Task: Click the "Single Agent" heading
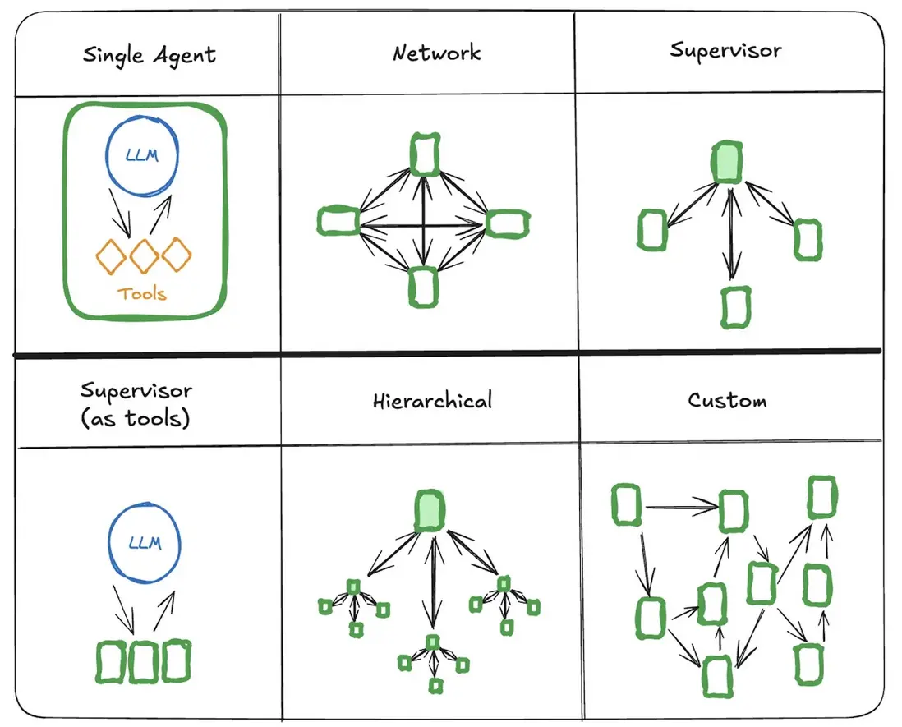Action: (150, 56)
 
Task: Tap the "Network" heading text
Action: (436, 54)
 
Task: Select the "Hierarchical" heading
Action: (432, 401)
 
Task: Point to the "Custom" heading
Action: (727, 401)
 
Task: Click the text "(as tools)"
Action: (136, 418)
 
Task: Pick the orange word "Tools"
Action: (143, 293)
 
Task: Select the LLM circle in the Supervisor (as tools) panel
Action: (145, 543)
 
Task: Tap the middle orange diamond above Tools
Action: (144, 255)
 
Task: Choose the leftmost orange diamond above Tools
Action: (112, 256)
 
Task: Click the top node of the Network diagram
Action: (425, 154)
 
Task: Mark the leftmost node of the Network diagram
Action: (338, 222)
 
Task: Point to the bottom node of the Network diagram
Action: (424, 287)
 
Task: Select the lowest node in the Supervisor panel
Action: (735, 307)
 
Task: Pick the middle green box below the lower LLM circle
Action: (144, 662)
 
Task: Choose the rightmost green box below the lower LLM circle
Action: (176, 661)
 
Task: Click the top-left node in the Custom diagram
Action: (626, 504)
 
